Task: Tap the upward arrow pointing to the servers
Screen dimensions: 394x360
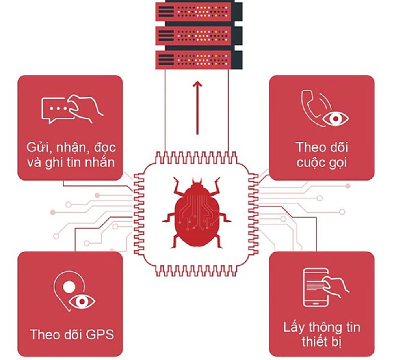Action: tap(197, 108)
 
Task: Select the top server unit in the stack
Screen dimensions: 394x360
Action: tap(199, 11)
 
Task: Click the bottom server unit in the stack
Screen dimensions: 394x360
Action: tap(199, 60)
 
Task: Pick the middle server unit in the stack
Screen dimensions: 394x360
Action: tap(199, 36)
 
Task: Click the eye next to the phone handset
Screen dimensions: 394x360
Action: tap(335, 118)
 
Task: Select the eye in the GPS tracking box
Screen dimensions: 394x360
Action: tap(82, 301)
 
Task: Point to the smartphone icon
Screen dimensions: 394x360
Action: tap(316, 287)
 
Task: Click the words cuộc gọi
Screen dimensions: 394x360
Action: tap(322, 163)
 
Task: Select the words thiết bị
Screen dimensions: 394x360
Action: tap(322, 342)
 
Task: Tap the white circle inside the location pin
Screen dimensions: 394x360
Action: tap(69, 287)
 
